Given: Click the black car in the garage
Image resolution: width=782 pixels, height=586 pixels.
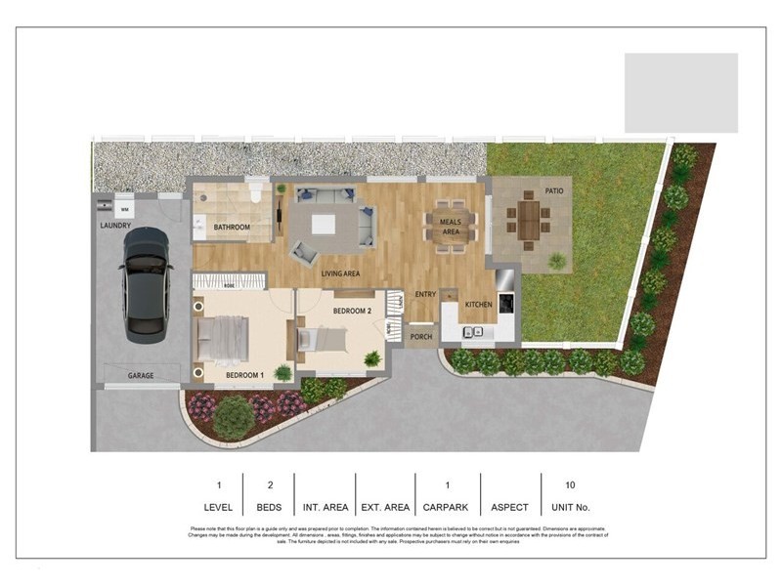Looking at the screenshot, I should [x=146, y=284].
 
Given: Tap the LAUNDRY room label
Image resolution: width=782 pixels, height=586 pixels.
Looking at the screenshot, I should [x=115, y=226].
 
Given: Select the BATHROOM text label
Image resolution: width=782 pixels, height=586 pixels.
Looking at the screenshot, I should [x=232, y=228].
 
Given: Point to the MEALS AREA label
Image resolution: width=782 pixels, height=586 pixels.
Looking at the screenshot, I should [x=450, y=228].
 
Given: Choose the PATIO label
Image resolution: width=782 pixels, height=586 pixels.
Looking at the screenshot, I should [x=555, y=191].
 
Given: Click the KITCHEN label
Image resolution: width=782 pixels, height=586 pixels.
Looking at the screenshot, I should [x=478, y=305].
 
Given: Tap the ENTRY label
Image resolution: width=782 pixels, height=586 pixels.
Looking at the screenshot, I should [x=425, y=294].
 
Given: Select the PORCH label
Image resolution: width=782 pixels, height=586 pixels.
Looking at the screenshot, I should [x=420, y=337].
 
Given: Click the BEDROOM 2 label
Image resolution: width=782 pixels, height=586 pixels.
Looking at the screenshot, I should [x=352, y=311].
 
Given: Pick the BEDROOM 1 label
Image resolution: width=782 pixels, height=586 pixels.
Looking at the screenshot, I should [x=244, y=375].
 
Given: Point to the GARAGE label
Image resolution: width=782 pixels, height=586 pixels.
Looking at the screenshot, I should [x=141, y=375].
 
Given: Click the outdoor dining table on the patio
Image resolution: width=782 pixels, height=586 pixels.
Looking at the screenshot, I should [x=529, y=220].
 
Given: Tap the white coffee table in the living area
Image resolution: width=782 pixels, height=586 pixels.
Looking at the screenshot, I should [x=323, y=224].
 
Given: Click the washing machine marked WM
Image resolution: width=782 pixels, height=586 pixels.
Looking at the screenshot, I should [x=124, y=207].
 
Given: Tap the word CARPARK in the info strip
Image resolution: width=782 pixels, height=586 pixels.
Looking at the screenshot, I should [x=447, y=508].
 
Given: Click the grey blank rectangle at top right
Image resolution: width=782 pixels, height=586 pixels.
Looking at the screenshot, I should [x=681, y=93].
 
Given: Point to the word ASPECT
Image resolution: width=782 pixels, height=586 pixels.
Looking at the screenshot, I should [x=510, y=508].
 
